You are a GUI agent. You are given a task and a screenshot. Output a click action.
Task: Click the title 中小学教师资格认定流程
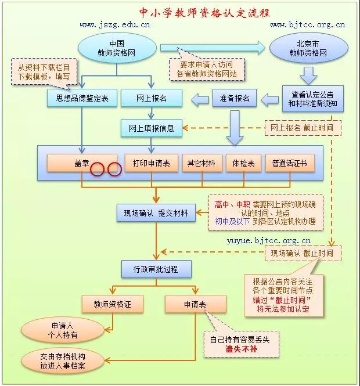[x=204, y=13]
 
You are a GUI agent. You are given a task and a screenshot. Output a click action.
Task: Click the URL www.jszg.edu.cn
[x=115, y=25]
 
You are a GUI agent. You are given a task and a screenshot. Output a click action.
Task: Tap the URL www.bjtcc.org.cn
[x=308, y=25]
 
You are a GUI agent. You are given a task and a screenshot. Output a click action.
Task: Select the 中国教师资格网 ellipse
[x=117, y=48]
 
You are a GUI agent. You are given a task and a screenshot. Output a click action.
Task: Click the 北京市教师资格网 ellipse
[x=308, y=48]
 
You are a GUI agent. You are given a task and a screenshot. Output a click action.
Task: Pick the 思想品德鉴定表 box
[x=82, y=98]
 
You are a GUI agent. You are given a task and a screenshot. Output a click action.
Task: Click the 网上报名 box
[x=152, y=98]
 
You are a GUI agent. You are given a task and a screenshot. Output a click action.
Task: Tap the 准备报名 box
[x=235, y=98]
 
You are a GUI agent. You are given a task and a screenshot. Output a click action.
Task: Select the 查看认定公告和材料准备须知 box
[x=313, y=99]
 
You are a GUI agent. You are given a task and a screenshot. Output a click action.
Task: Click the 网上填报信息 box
[x=152, y=128]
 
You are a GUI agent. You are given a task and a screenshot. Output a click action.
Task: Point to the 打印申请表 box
[x=152, y=163]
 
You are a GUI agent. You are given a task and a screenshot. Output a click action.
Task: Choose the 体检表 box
[x=243, y=163]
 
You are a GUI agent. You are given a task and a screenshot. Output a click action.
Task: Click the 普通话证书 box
[x=290, y=163]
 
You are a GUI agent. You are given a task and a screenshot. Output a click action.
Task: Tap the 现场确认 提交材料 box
[x=156, y=213]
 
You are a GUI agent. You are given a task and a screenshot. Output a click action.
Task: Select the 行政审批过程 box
[x=156, y=269]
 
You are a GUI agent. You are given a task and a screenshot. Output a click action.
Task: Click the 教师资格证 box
[x=113, y=304]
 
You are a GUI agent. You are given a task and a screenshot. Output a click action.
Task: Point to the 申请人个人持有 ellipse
[x=63, y=330]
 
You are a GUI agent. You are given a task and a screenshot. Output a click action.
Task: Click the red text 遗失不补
[x=242, y=349]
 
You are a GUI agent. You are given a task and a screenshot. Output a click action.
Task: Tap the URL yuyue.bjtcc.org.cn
[x=269, y=240]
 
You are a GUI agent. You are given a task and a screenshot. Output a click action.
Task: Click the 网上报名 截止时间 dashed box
[x=303, y=128]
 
